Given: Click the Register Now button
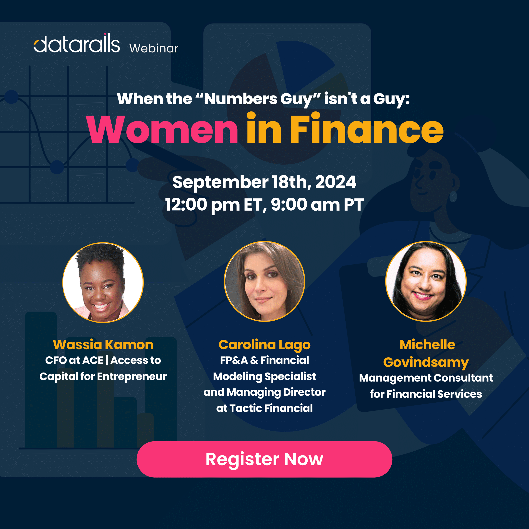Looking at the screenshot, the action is (x=264, y=459).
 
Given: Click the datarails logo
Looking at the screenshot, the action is (x=77, y=43).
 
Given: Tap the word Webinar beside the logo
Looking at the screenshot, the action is (x=154, y=48).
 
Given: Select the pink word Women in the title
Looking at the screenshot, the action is (x=162, y=129).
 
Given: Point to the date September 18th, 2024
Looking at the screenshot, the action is (x=264, y=182).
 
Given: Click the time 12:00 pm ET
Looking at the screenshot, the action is (x=214, y=205).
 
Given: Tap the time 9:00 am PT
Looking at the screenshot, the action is (x=317, y=204).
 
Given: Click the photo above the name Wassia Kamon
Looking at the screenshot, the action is (x=103, y=283).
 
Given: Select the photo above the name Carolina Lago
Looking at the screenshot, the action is (x=264, y=281).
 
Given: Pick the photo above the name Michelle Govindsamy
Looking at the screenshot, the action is (x=426, y=281).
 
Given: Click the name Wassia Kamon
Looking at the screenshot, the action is (x=103, y=344).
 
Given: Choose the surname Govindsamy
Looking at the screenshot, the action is (x=426, y=362).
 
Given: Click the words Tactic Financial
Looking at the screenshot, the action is (x=271, y=408).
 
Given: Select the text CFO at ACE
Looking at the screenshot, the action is (x=74, y=360).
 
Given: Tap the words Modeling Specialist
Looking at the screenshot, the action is (x=264, y=377).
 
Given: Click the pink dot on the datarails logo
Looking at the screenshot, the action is (x=105, y=34).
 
